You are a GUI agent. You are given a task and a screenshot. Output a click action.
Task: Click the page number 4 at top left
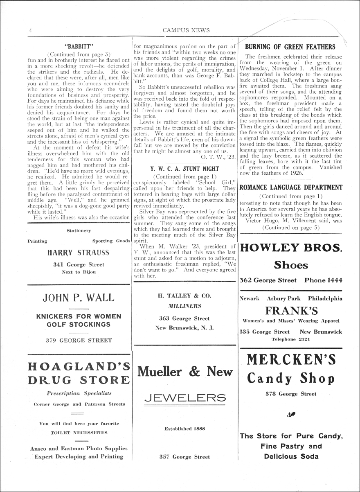coord(31,30)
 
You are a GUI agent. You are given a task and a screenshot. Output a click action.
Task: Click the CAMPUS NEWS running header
coord(186,30)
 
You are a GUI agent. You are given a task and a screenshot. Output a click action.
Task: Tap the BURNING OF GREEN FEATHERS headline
coord(290,47)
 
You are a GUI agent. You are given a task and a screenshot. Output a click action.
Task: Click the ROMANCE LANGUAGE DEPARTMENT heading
coord(290,187)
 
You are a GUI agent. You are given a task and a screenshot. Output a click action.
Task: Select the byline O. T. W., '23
coord(218,156)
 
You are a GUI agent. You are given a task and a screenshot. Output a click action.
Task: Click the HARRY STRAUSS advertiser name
coord(79,253)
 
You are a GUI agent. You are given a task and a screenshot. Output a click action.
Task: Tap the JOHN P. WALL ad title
coord(79,298)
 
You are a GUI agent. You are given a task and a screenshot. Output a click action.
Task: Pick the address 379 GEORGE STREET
coord(79,340)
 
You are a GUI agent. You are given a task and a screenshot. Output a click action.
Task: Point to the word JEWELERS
coord(185,397)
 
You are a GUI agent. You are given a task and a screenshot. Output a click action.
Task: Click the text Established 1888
coord(184,429)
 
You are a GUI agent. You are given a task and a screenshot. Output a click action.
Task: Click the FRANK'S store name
coord(291,311)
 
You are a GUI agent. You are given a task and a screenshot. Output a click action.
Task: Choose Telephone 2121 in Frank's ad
coord(290,339)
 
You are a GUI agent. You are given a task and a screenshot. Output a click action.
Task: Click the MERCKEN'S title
coord(291,360)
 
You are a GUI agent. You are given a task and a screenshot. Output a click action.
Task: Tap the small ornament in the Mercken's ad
coord(291,415)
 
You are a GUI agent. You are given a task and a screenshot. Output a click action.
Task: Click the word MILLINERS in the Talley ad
coord(184,306)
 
